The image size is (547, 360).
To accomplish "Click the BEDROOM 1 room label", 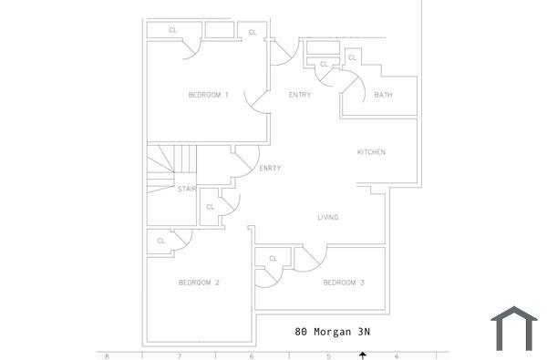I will point(208,96).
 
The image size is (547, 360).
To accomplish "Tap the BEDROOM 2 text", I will point(199,283).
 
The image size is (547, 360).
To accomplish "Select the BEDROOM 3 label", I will point(344,283).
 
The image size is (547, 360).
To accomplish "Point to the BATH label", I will point(383,96).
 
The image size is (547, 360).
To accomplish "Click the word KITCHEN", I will point(371,152).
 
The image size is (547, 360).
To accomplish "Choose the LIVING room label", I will point(327,217).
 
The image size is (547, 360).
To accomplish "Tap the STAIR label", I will point(187,190).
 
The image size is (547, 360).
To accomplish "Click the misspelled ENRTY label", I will point(270,169).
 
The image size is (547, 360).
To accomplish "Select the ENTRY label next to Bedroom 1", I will point(299,96).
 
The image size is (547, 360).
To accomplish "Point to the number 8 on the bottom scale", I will point(107,356).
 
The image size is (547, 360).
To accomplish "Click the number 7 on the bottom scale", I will point(179,356).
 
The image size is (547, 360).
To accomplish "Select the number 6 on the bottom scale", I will point(252,356).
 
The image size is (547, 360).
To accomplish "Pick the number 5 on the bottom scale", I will point(328,356).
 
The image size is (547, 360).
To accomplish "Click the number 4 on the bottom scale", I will point(397,356).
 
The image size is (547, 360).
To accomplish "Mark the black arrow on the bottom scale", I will point(363,355).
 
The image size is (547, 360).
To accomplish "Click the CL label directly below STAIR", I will point(210,207).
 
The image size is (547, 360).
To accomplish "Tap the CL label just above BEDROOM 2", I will point(160,241).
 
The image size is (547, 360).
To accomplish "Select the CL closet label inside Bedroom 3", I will point(272,260).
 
